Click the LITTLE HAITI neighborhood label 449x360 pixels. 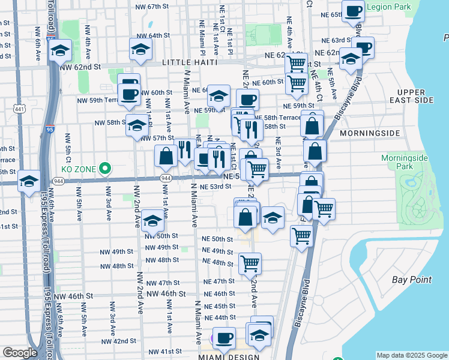point(189,62)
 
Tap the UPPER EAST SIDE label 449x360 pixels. point(411,96)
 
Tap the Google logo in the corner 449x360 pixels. point(20,353)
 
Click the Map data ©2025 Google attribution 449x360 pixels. point(411,355)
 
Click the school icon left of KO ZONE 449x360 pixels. point(29,181)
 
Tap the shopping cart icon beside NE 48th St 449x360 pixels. point(249,263)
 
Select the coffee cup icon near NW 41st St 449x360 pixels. point(224,338)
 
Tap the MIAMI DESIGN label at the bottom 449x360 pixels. point(229,357)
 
